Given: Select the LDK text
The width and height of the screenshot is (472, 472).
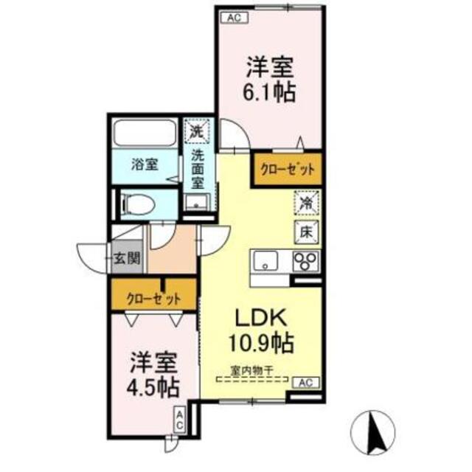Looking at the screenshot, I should [259, 319].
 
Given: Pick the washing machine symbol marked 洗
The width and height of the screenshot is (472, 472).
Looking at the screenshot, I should [196, 132].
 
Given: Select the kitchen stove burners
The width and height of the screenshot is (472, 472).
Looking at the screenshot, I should [305, 261].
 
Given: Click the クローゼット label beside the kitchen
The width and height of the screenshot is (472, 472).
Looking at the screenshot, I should [287, 169].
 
